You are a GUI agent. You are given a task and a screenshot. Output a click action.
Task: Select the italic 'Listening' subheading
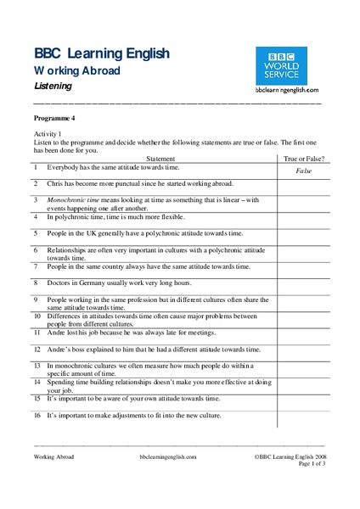point(53,87)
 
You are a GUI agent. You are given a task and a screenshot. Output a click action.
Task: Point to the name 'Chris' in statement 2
point(55,183)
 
